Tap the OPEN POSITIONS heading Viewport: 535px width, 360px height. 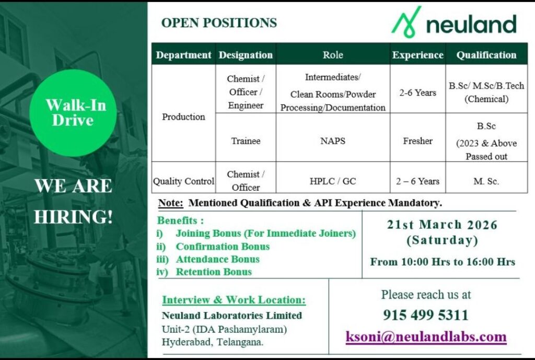click(x=219, y=23)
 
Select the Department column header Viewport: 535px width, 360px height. click(x=183, y=54)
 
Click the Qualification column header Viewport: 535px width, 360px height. click(x=486, y=55)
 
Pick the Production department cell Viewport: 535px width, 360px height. click(x=183, y=117)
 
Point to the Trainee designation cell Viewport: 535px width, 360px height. click(x=246, y=141)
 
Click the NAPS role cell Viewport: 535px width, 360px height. click(x=333, y=141)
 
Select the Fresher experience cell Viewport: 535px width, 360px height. click(x=417, y=141)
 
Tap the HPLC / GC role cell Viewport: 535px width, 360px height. click(x=333, y=181)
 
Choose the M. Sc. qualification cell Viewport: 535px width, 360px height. click(x=486, y=181)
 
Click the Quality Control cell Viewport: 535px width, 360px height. click(x=183, y=181)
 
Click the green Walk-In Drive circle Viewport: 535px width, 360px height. click(x=73, y=113)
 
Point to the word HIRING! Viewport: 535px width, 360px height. click(x=73, y=217)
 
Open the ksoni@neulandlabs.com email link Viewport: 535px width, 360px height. click(x=426, y=337)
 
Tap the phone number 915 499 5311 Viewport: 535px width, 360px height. click(x=426, y=315)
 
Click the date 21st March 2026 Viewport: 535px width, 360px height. click(x=442, y=225)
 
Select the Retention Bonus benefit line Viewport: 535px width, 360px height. click(x=204, y=272)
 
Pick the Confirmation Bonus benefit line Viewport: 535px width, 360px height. click(x=213, y=247)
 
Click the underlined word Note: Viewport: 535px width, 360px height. click(x=171, y=203)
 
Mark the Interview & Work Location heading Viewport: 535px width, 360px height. click(x=234, y=300)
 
